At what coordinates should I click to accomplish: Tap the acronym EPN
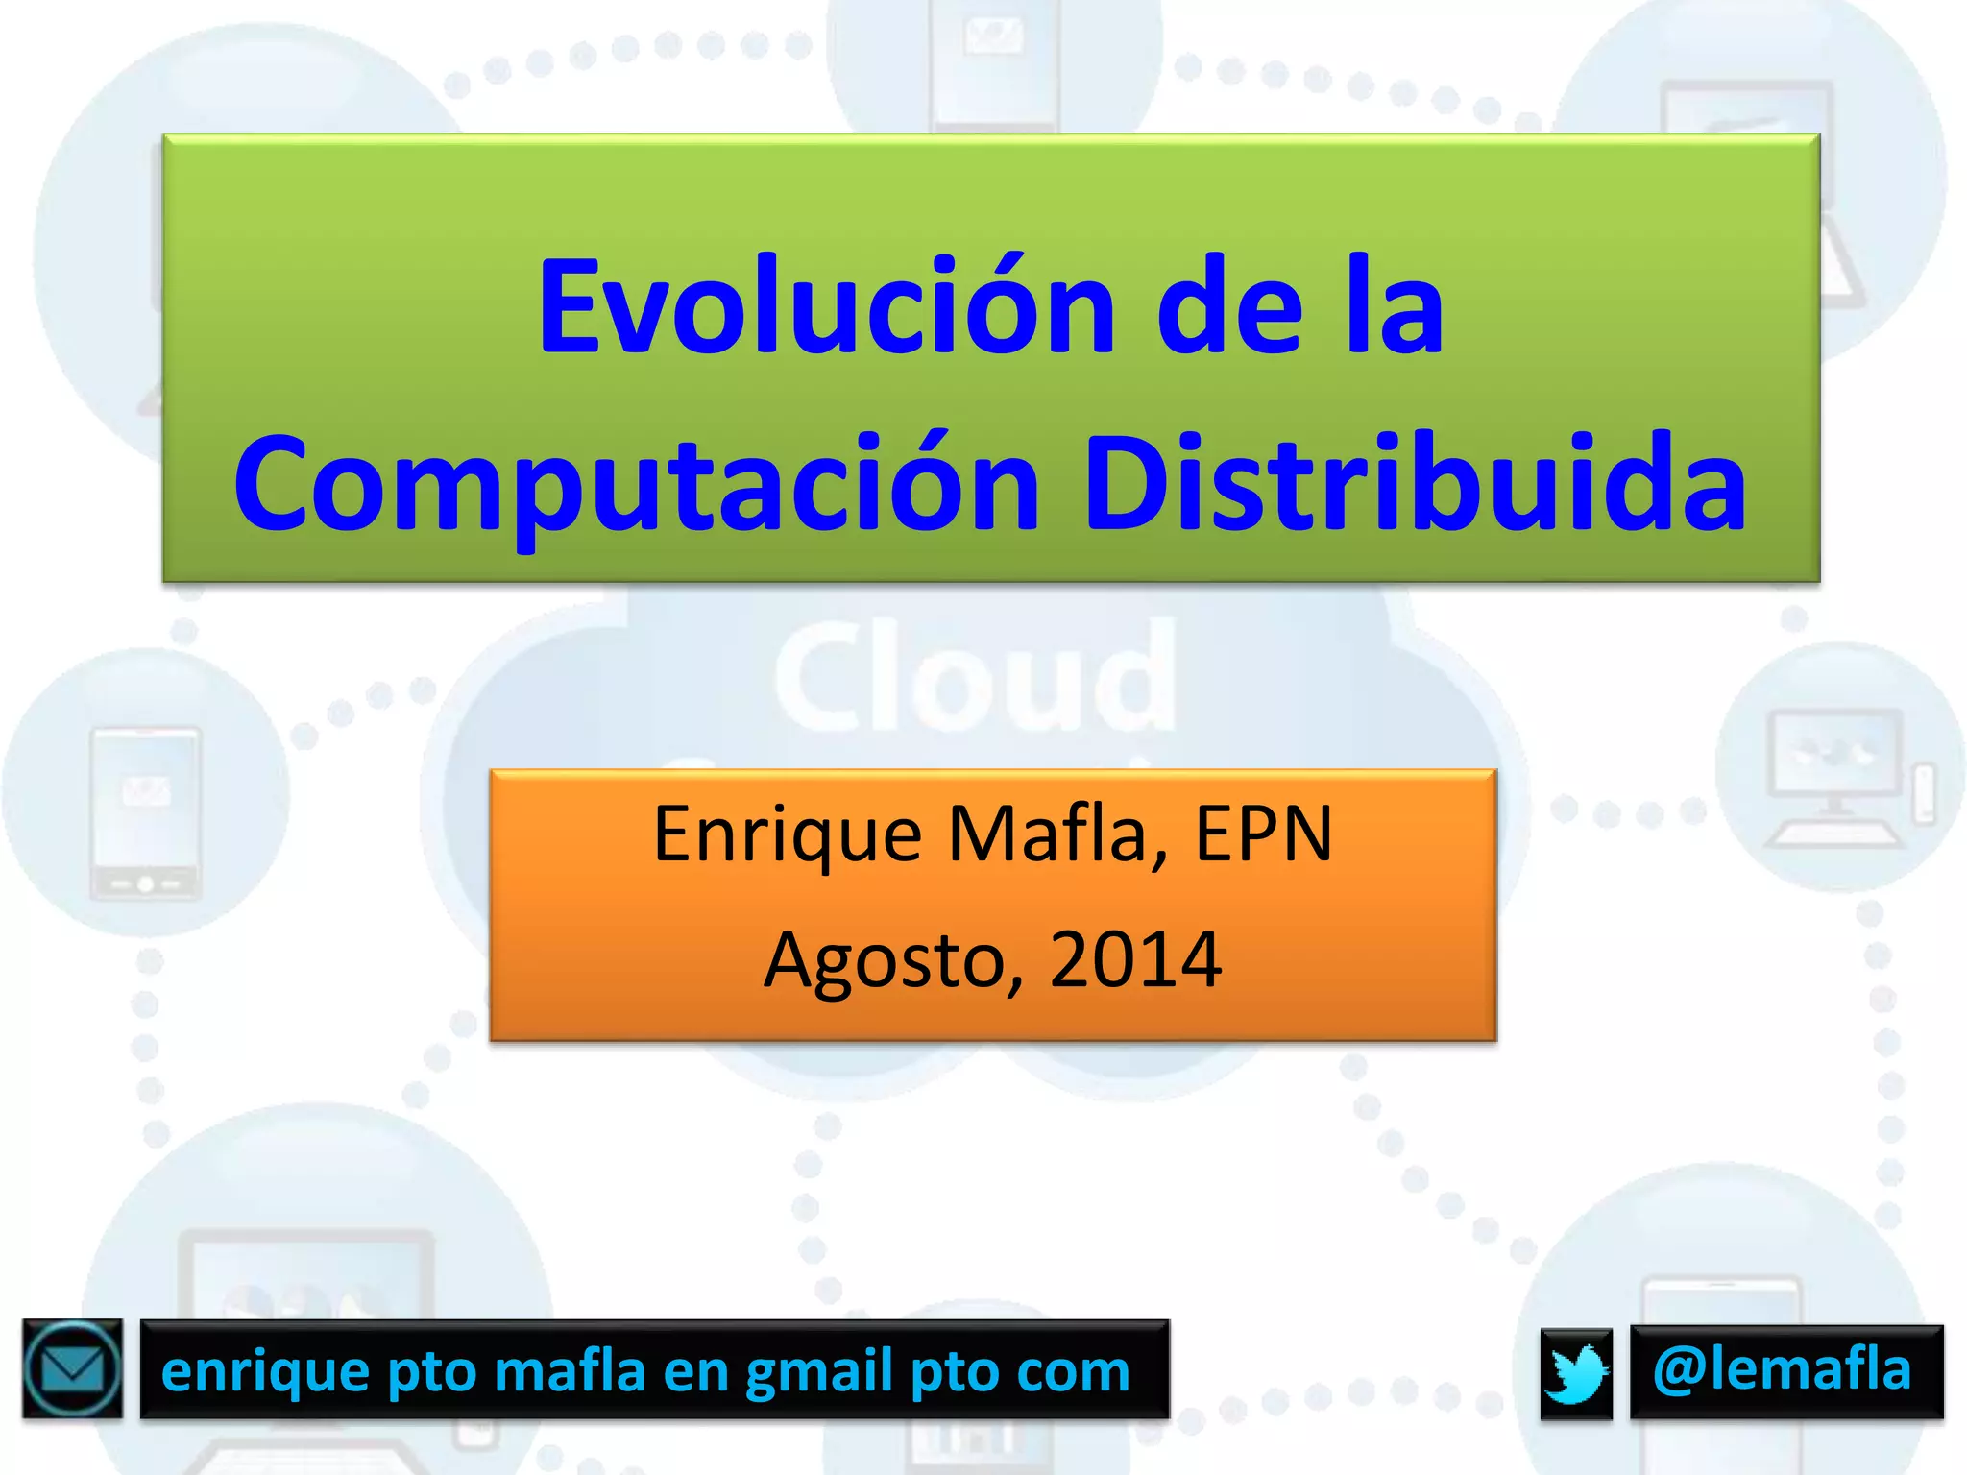pyautogui.click(x=1263, y=833)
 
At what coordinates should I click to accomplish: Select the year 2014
pyautogui.click(x=1135, y=958)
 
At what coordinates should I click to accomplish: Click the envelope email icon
pyautogui.click(x=73, y=1368)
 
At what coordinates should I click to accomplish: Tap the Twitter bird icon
pyautogui.click(x=1576, y=1372)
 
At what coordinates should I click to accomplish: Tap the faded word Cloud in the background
pyautogui.click(x=975, y=677)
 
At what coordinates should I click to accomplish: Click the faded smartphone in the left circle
pyautogui.click(x=145, y=812)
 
